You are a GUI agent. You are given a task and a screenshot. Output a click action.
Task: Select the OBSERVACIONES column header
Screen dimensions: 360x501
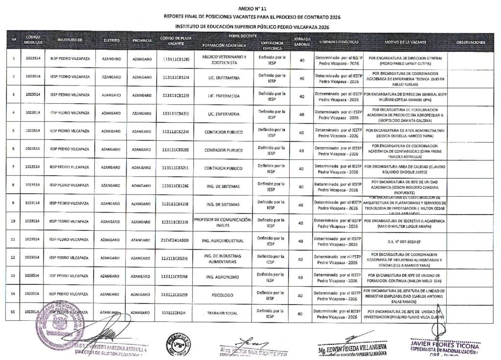pyautogui.click(x=471, y=43)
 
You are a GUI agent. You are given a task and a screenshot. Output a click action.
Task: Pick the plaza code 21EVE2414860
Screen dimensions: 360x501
pyautogui.click(x=175, y=240)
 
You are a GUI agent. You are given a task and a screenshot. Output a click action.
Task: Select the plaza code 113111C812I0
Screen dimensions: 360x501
pyautogui.click(x=175, y=60)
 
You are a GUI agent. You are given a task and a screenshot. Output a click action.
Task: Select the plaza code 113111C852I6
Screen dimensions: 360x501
pyautogui.click(x=175, y=258)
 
